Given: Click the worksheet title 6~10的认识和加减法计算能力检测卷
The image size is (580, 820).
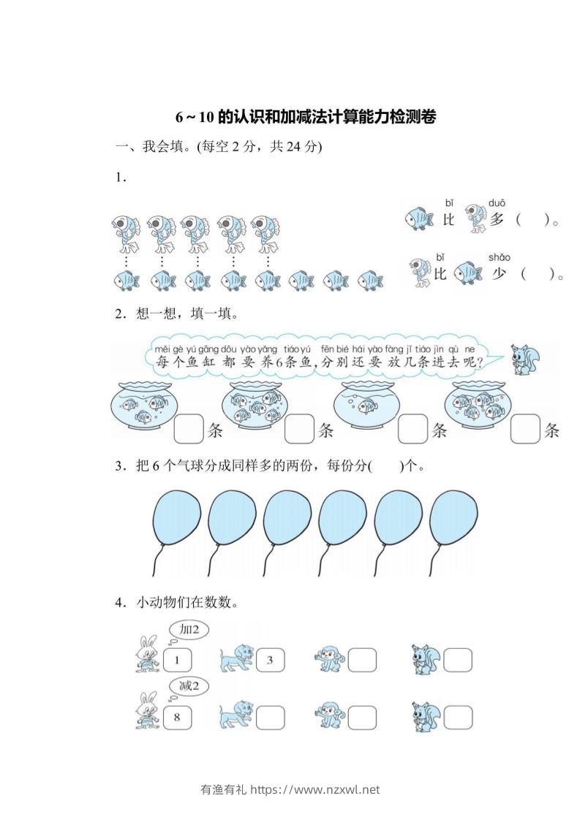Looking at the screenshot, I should [x=306, y=117].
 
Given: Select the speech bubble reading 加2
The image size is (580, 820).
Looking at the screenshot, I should [x=189, y=629].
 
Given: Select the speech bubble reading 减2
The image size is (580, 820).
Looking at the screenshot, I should [x=189, y=686].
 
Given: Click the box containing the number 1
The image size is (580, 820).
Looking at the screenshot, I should [x=176, y=661].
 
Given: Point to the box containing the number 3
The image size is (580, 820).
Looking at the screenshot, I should [x=268, y=661].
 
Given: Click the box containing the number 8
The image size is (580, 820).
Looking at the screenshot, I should [x=176, y=717].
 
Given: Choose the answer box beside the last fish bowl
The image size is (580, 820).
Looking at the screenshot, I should [x=524, y=429].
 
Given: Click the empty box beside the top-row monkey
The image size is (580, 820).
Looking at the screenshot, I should [x=361, y=661].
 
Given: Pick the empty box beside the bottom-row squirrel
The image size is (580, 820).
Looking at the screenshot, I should [x=457, y=717].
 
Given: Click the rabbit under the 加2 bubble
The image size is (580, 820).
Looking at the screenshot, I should [x=147, y=654].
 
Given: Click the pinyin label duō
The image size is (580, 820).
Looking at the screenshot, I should [x=497, y=202].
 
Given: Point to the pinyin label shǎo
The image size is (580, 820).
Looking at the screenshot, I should [x=499, y=257].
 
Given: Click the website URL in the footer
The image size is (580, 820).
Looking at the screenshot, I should [x=316, y=789].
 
